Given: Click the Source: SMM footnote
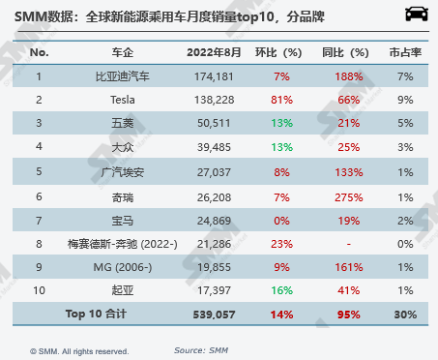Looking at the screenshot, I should point(203,349).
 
